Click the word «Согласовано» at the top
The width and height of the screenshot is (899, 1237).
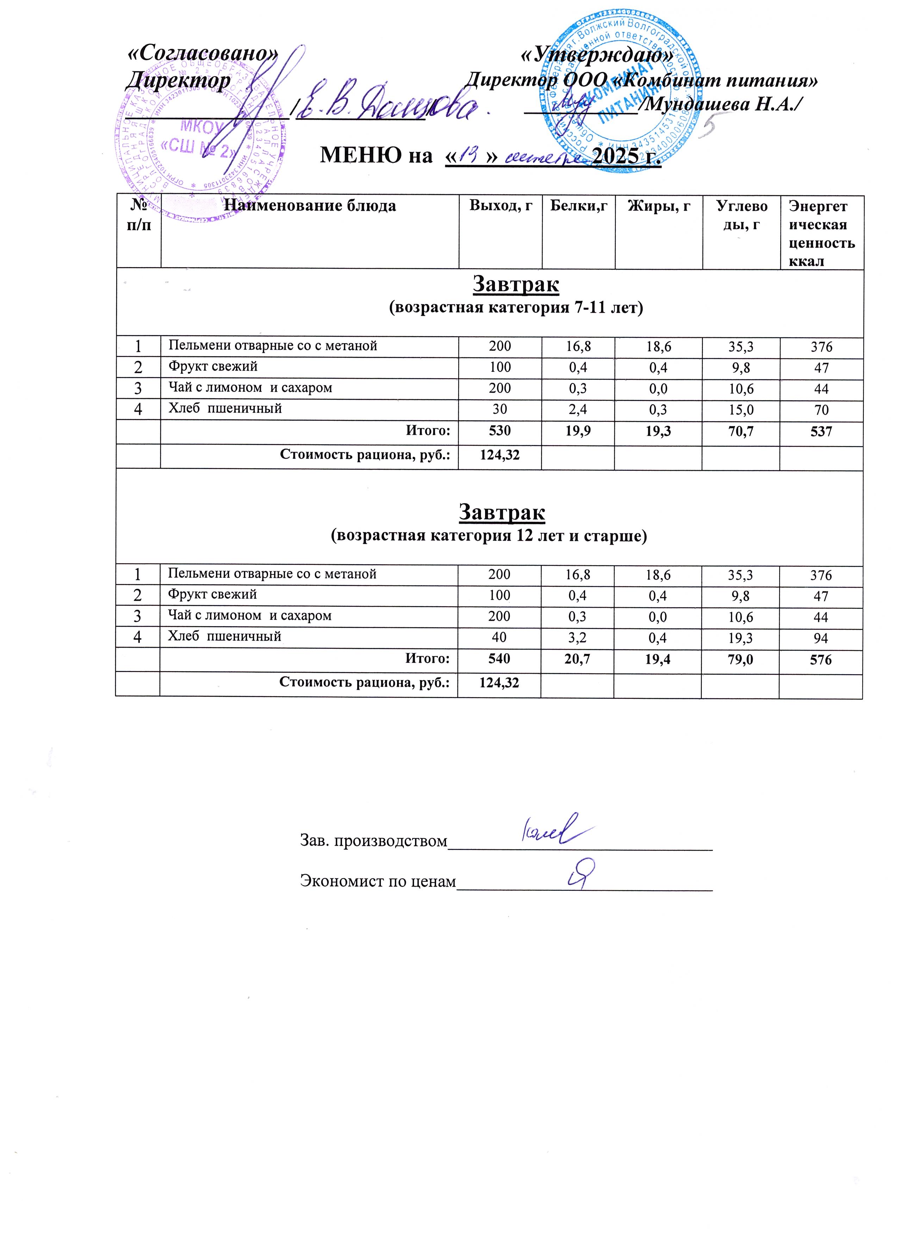click(x=202, y=54)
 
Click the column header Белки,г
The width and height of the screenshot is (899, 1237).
click(x=578, y=206)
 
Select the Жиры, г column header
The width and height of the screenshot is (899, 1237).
click(x=659, y=206)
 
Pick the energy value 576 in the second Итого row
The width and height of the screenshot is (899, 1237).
click(x=820, y=660)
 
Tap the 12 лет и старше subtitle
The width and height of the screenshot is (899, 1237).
click(x=489, y=536)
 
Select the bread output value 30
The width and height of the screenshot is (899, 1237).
click(x=500, y=410)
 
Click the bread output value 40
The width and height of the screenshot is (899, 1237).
click(x=500, y=637)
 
